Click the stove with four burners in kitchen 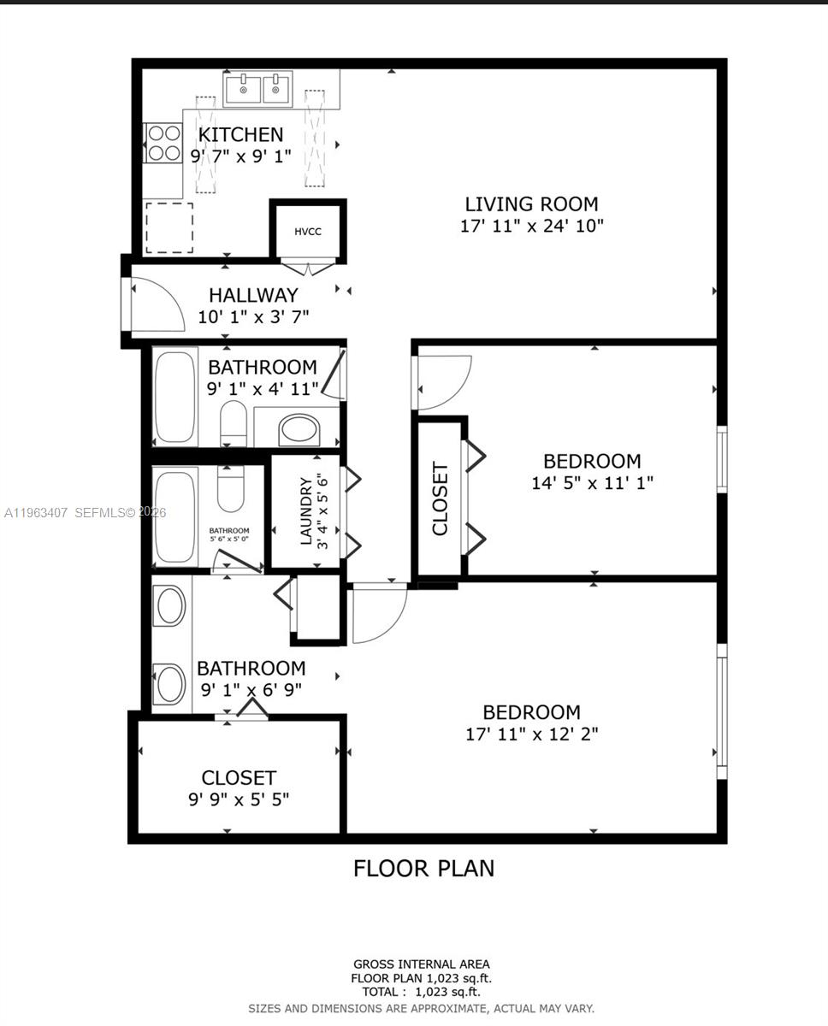[x=163, y=143]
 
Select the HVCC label [x=308, y=232]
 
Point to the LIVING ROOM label [x=531, y=204]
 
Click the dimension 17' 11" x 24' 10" [x=531, y=227]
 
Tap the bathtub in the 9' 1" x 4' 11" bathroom [x=175, y=396]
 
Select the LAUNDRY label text [x=305, y=512]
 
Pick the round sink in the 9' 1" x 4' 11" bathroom [x=299, y=428]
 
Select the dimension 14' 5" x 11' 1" [x=592, y=483]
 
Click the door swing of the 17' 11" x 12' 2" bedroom [x=378, y=613]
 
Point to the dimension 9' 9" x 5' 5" [x=239, y=800]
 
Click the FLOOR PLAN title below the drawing [x=423, y=869]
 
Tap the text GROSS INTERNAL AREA [x=422, y=964]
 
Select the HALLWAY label [x=253, y=295]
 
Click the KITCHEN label [x=240, y=134]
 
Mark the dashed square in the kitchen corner [x=169, y=227]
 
